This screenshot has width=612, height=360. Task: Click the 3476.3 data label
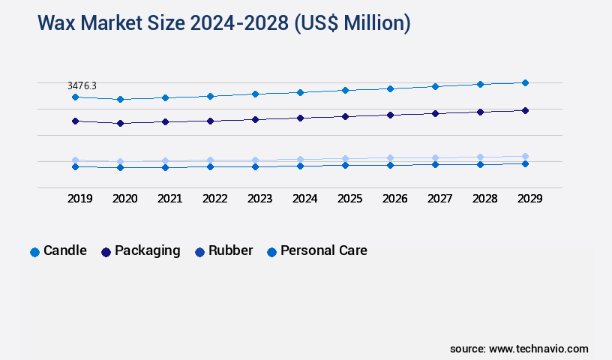pyautogui.click(x=82, y=86)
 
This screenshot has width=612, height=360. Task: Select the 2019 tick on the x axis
pyautogui.click(x=79, y=199)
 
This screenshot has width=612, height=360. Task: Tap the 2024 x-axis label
pyautogui.click(x=304, y=199)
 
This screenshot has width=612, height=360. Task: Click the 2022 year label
pyautogui.click(x=214, y=199)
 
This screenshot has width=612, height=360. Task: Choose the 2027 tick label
pyautogui.click(x=439, y=199)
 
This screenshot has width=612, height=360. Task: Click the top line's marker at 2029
pyautogui.click(x=525, y=82)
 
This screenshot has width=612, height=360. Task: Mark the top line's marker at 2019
pyautogui.click(x=75, y=97)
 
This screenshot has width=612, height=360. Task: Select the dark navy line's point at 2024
pyautogui.click(x=300, y=118)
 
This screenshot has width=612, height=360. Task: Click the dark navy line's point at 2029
pyautogui.click(x=525, y=110)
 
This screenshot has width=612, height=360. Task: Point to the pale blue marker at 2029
pyautogui.click(x=525, y=156)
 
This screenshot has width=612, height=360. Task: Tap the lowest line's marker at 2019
pyautogui.click(x=75, y=166)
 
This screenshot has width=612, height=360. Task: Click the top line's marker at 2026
pyautogui.click(x=390, y=88)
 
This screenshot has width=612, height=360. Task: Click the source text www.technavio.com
pyautogui.click(x=538, y=349)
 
